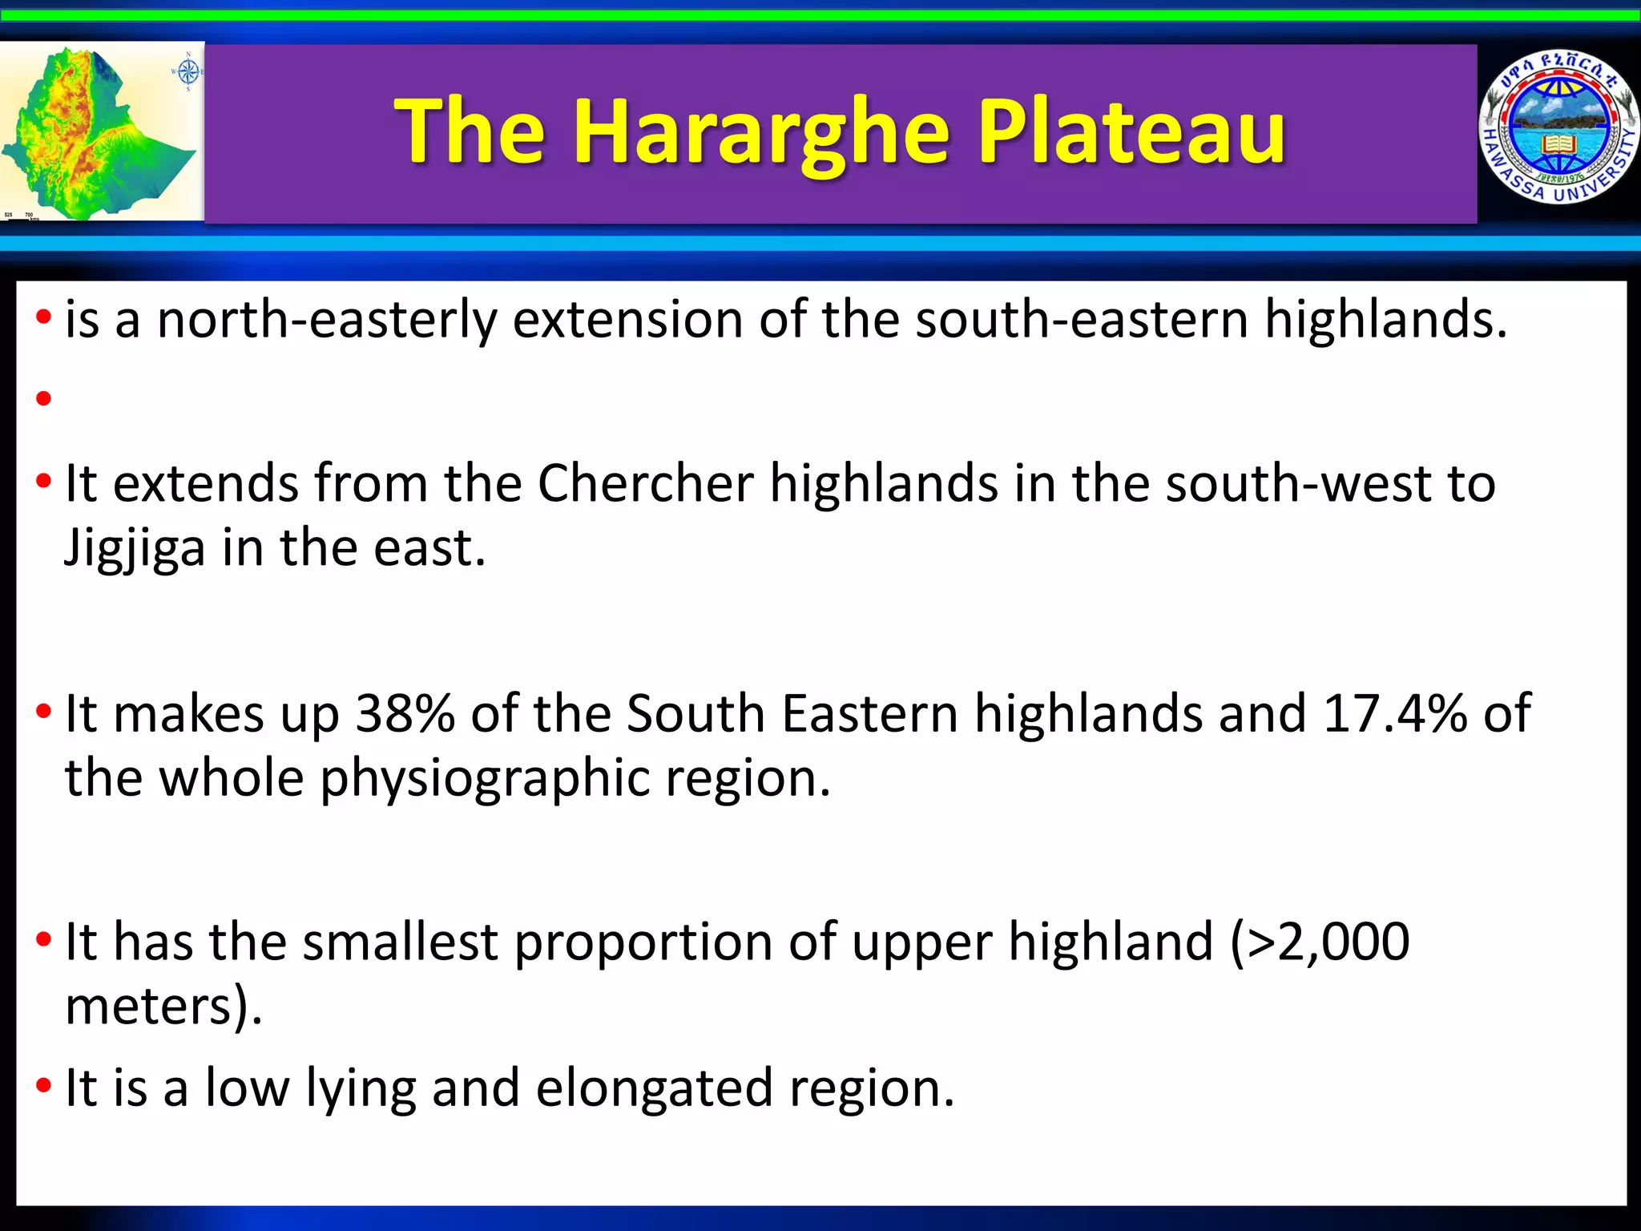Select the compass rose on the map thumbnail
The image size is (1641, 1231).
(x=187, y=72)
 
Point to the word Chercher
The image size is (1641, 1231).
(x=645, y=483)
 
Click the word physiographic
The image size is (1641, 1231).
(x=485, y=778)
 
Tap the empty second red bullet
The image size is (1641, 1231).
(x=43, y=398)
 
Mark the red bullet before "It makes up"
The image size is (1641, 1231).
(x=43, y=711)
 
